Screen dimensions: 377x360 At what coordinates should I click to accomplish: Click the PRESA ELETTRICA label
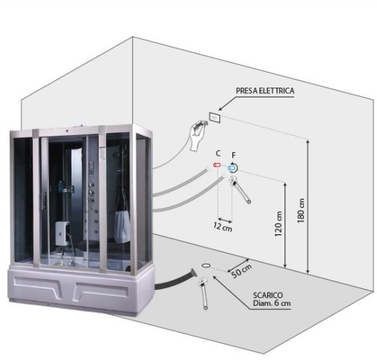(x=265, y=91)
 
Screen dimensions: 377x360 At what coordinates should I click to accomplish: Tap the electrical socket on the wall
(x=215, y=117)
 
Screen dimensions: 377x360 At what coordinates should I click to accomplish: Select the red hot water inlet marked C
(x=217, y=165)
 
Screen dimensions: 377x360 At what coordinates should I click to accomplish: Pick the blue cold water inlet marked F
(x=232, y=168)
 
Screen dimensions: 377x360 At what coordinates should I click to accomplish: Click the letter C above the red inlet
(x=218, y=153)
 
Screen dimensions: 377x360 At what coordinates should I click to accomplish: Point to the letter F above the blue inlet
(x=234, y=155)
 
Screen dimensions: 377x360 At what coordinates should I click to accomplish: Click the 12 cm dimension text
(x=223, y=227)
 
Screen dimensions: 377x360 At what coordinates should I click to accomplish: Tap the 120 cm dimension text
(x=278, y=223)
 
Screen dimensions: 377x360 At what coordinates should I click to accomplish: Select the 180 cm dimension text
(x=300, y=211)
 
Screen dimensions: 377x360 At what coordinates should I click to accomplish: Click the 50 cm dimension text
(x=242, y=271)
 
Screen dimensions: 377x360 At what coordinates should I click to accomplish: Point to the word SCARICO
(x=268, y=295)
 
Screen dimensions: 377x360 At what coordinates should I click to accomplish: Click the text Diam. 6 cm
(x=272, y=303)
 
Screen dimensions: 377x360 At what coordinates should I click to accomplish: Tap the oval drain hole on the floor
(x=206, y=265)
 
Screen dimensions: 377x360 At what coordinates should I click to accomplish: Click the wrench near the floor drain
(x=203, y=293)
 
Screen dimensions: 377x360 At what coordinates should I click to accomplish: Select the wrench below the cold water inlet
(x=239, y=189)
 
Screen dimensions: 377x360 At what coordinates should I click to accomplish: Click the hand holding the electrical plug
(x=198, y=136)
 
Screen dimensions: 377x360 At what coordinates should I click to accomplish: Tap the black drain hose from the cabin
(x=175, y=280)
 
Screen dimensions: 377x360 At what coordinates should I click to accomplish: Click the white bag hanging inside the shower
(x=122, y=227)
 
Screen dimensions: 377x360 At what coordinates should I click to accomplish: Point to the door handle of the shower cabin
(x=44, y=201)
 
